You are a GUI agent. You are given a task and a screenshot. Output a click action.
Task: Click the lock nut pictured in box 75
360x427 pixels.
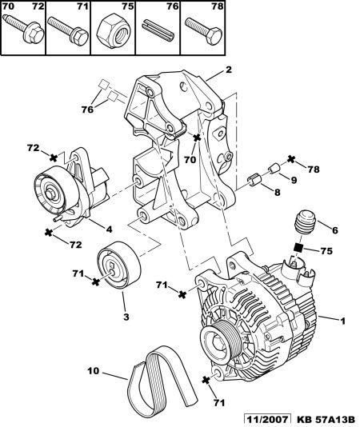pyautogui.click(x=113, y=32)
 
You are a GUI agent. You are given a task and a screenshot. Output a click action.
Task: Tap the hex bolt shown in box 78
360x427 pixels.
pyautogui.click(x=204, y=30)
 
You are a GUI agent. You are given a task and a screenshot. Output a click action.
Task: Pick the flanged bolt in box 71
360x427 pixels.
pyautogui.click(x=68, y=30)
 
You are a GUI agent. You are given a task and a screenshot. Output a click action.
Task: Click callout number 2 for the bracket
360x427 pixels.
pyautogui.click(x=228, y=70)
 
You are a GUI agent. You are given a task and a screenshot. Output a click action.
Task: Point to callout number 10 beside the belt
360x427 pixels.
pyautogui.click(x=94, y=371)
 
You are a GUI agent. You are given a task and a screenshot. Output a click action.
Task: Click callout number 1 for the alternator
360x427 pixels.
pyautogui.click(x=343, y=321)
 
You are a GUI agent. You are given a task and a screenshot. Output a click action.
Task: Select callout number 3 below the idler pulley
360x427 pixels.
pyautogui.click(x=126, y=317)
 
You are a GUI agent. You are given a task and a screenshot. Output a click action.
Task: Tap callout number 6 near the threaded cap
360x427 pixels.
pyautogui.click(x=334, y=230)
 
